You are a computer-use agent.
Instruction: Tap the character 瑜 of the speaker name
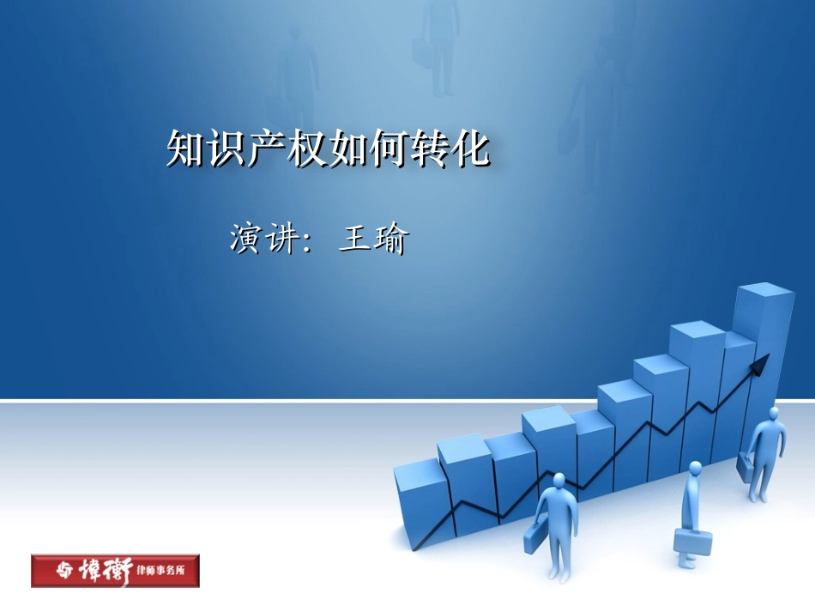391,239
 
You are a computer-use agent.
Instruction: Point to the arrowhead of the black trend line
758,367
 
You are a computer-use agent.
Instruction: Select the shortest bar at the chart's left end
421,502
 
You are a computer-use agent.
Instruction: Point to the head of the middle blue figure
694,468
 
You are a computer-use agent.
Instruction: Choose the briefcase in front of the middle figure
693,542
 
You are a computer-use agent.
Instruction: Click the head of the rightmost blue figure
774,413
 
